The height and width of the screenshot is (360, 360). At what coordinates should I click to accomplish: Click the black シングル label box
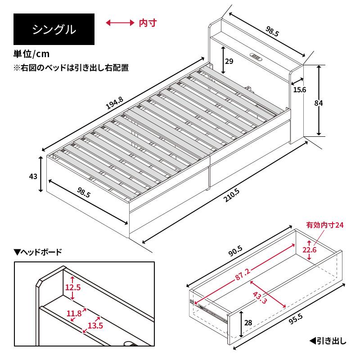[54, 30]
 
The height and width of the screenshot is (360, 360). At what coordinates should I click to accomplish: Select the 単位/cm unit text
[31, 54]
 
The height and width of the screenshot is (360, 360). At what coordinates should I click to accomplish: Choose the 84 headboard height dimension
[319, 103]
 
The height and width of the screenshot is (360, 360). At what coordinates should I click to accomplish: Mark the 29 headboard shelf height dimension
[229, 62]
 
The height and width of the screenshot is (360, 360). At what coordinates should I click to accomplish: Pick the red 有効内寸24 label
[325, 225]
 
